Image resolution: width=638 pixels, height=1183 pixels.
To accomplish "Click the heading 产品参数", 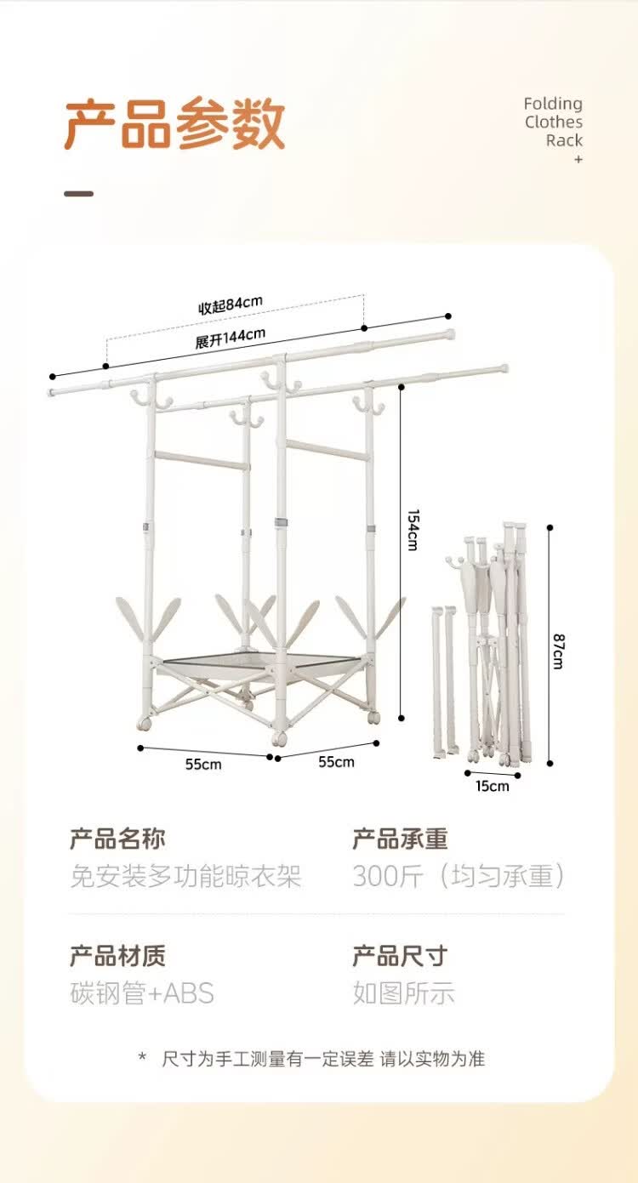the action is [x=175, y=123].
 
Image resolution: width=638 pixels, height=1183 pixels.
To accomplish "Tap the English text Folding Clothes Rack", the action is [x=554, y=122].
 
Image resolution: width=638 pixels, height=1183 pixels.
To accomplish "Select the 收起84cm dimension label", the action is [x=231, y=304].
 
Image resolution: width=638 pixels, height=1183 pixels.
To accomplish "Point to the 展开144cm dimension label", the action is [x=231, y=338].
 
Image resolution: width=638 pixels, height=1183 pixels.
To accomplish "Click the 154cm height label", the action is [x=413, y=530].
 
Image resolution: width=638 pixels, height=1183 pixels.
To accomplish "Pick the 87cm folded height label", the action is [x=558, y=651].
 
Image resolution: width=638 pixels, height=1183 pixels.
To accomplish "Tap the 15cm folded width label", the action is [x=493, y=786].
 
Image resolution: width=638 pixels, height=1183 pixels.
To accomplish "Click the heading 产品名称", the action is [x=117, y=839].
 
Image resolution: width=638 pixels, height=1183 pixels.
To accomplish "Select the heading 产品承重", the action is [x=401, y=839].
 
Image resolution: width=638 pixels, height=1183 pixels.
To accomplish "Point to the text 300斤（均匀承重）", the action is [x=459, y=876].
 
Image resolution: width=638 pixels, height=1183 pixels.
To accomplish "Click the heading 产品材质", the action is [x=117, y=956].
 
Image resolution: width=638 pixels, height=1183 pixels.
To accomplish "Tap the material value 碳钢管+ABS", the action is [x=142, y=993].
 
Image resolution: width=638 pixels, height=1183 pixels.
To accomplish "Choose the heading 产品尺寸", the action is [x=401, y=956].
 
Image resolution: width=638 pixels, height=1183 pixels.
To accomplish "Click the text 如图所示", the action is [x=404, y=993].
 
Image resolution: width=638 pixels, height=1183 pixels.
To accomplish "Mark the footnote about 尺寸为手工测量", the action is [x=312, y=1059].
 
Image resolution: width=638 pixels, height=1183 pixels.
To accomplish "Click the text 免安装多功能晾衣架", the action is [x=186, y=876].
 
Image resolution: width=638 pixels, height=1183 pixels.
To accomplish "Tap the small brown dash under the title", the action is [x=79, y=194].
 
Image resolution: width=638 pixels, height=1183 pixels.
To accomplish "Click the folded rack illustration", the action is [x=481, y=643].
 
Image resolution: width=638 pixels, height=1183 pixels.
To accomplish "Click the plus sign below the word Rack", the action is [x=578, y=159].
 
